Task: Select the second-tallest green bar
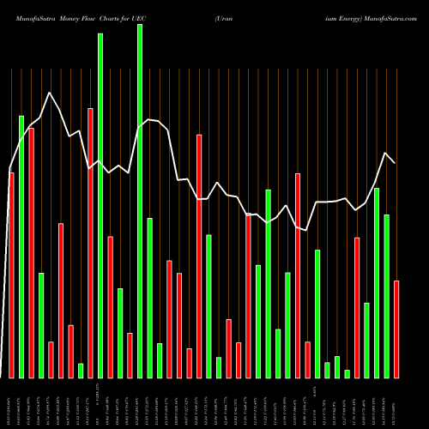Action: coord(100,206)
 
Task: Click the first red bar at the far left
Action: coord(11,275)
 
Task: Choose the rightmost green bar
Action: coord(387,296)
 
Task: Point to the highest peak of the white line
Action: coord(51,93)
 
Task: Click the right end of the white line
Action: coord(395,163)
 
